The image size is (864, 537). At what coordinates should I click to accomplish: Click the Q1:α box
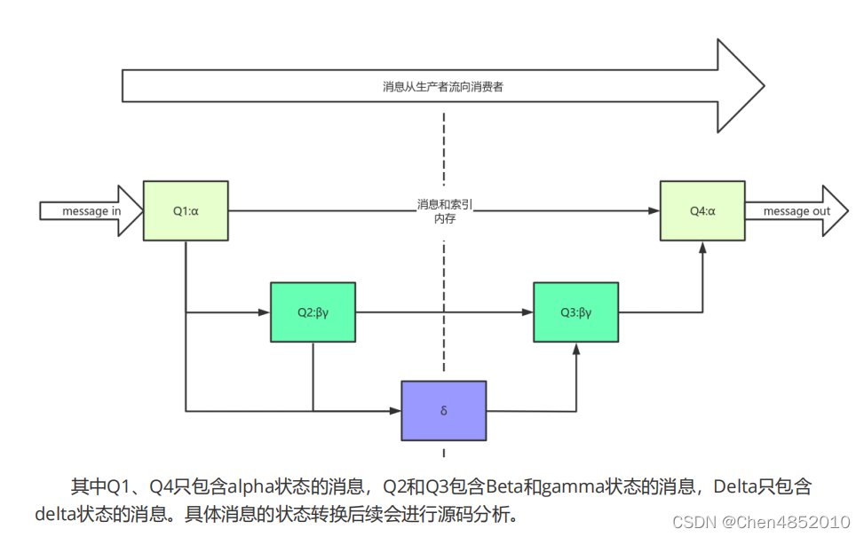pos(186,211)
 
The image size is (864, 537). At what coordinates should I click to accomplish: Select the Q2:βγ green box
pos(313,312)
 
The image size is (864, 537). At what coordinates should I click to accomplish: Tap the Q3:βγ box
pos(575,312)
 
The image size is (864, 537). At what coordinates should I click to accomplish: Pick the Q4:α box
pos(702,211)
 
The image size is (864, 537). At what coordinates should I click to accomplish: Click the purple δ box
pos(443,411)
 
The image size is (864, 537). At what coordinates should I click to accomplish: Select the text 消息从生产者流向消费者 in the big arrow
pos(443,87)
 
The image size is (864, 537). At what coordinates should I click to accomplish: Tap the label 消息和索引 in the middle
pos(444,204)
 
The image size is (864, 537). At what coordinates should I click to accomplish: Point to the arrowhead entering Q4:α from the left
pos(654,211)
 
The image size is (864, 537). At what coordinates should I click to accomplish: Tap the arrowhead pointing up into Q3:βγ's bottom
pos(576,349)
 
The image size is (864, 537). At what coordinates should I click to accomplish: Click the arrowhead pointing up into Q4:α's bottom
pos(702,248)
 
